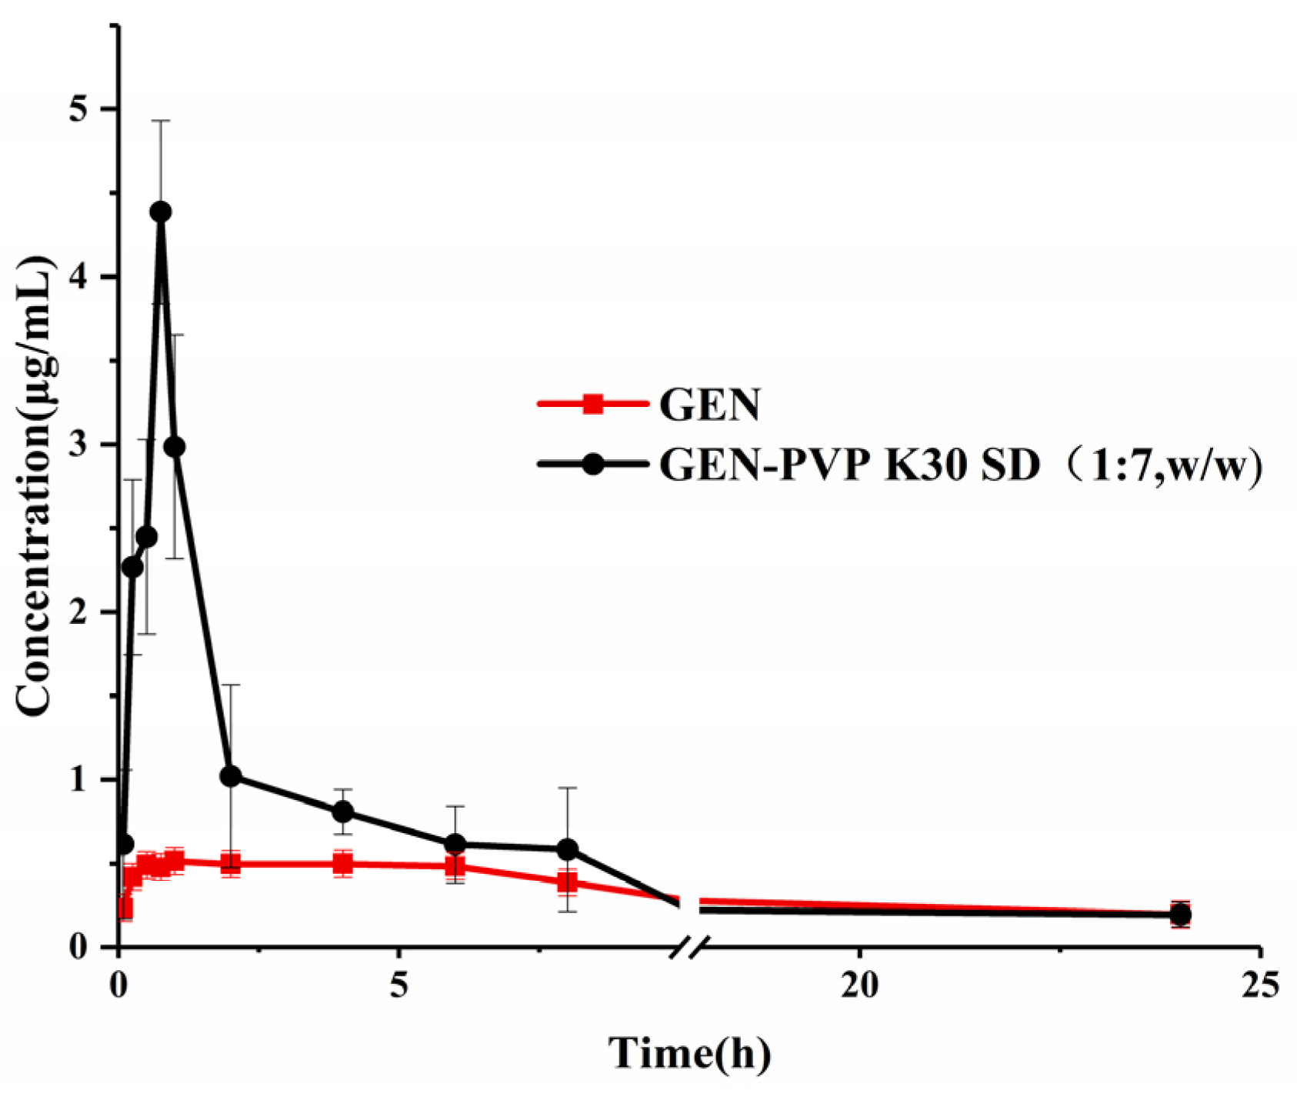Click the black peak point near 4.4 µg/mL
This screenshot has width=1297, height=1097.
161,212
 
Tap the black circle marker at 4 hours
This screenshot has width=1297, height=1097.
343,812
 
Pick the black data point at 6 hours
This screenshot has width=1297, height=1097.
455,844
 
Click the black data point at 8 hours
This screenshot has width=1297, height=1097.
568,850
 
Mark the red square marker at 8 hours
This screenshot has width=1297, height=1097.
568,882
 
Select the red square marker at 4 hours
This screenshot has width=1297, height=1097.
343,864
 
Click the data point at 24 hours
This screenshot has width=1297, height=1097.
1180,915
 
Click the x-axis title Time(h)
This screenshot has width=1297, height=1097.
690,1053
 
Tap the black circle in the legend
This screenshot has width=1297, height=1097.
592,465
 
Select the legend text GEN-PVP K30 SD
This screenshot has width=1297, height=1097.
849,465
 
